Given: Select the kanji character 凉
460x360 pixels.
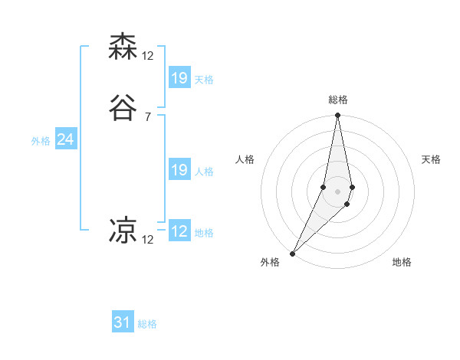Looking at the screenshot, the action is (123, 230).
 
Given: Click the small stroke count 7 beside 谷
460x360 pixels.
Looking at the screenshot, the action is (147, 117).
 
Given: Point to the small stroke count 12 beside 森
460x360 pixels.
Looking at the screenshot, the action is (148, 55).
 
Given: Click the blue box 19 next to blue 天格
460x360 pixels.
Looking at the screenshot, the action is (179, 77).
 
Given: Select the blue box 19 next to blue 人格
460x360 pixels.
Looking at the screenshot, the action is (179, 170).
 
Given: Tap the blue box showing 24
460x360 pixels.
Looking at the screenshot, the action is (66, 139).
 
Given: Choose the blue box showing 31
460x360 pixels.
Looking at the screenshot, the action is (123, 322).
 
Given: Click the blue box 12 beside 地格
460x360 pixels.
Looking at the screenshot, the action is (179, 231).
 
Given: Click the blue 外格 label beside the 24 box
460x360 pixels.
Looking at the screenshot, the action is (41, 141).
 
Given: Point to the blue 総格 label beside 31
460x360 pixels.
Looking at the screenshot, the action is (147, 324).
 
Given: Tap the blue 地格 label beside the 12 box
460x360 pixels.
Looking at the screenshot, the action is (204, 233).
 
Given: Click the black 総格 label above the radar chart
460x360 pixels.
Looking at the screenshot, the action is (337, 100).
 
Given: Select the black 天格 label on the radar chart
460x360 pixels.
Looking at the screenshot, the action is (431, 159).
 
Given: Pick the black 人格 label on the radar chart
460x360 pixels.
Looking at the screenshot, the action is (245, 159).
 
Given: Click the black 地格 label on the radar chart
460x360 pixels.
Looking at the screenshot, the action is (402, 262).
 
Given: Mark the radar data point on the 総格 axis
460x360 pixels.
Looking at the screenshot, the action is (337, 116).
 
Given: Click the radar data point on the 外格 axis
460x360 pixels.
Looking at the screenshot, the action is (292, 253).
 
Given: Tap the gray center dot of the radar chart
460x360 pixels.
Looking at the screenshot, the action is (337, 191).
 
